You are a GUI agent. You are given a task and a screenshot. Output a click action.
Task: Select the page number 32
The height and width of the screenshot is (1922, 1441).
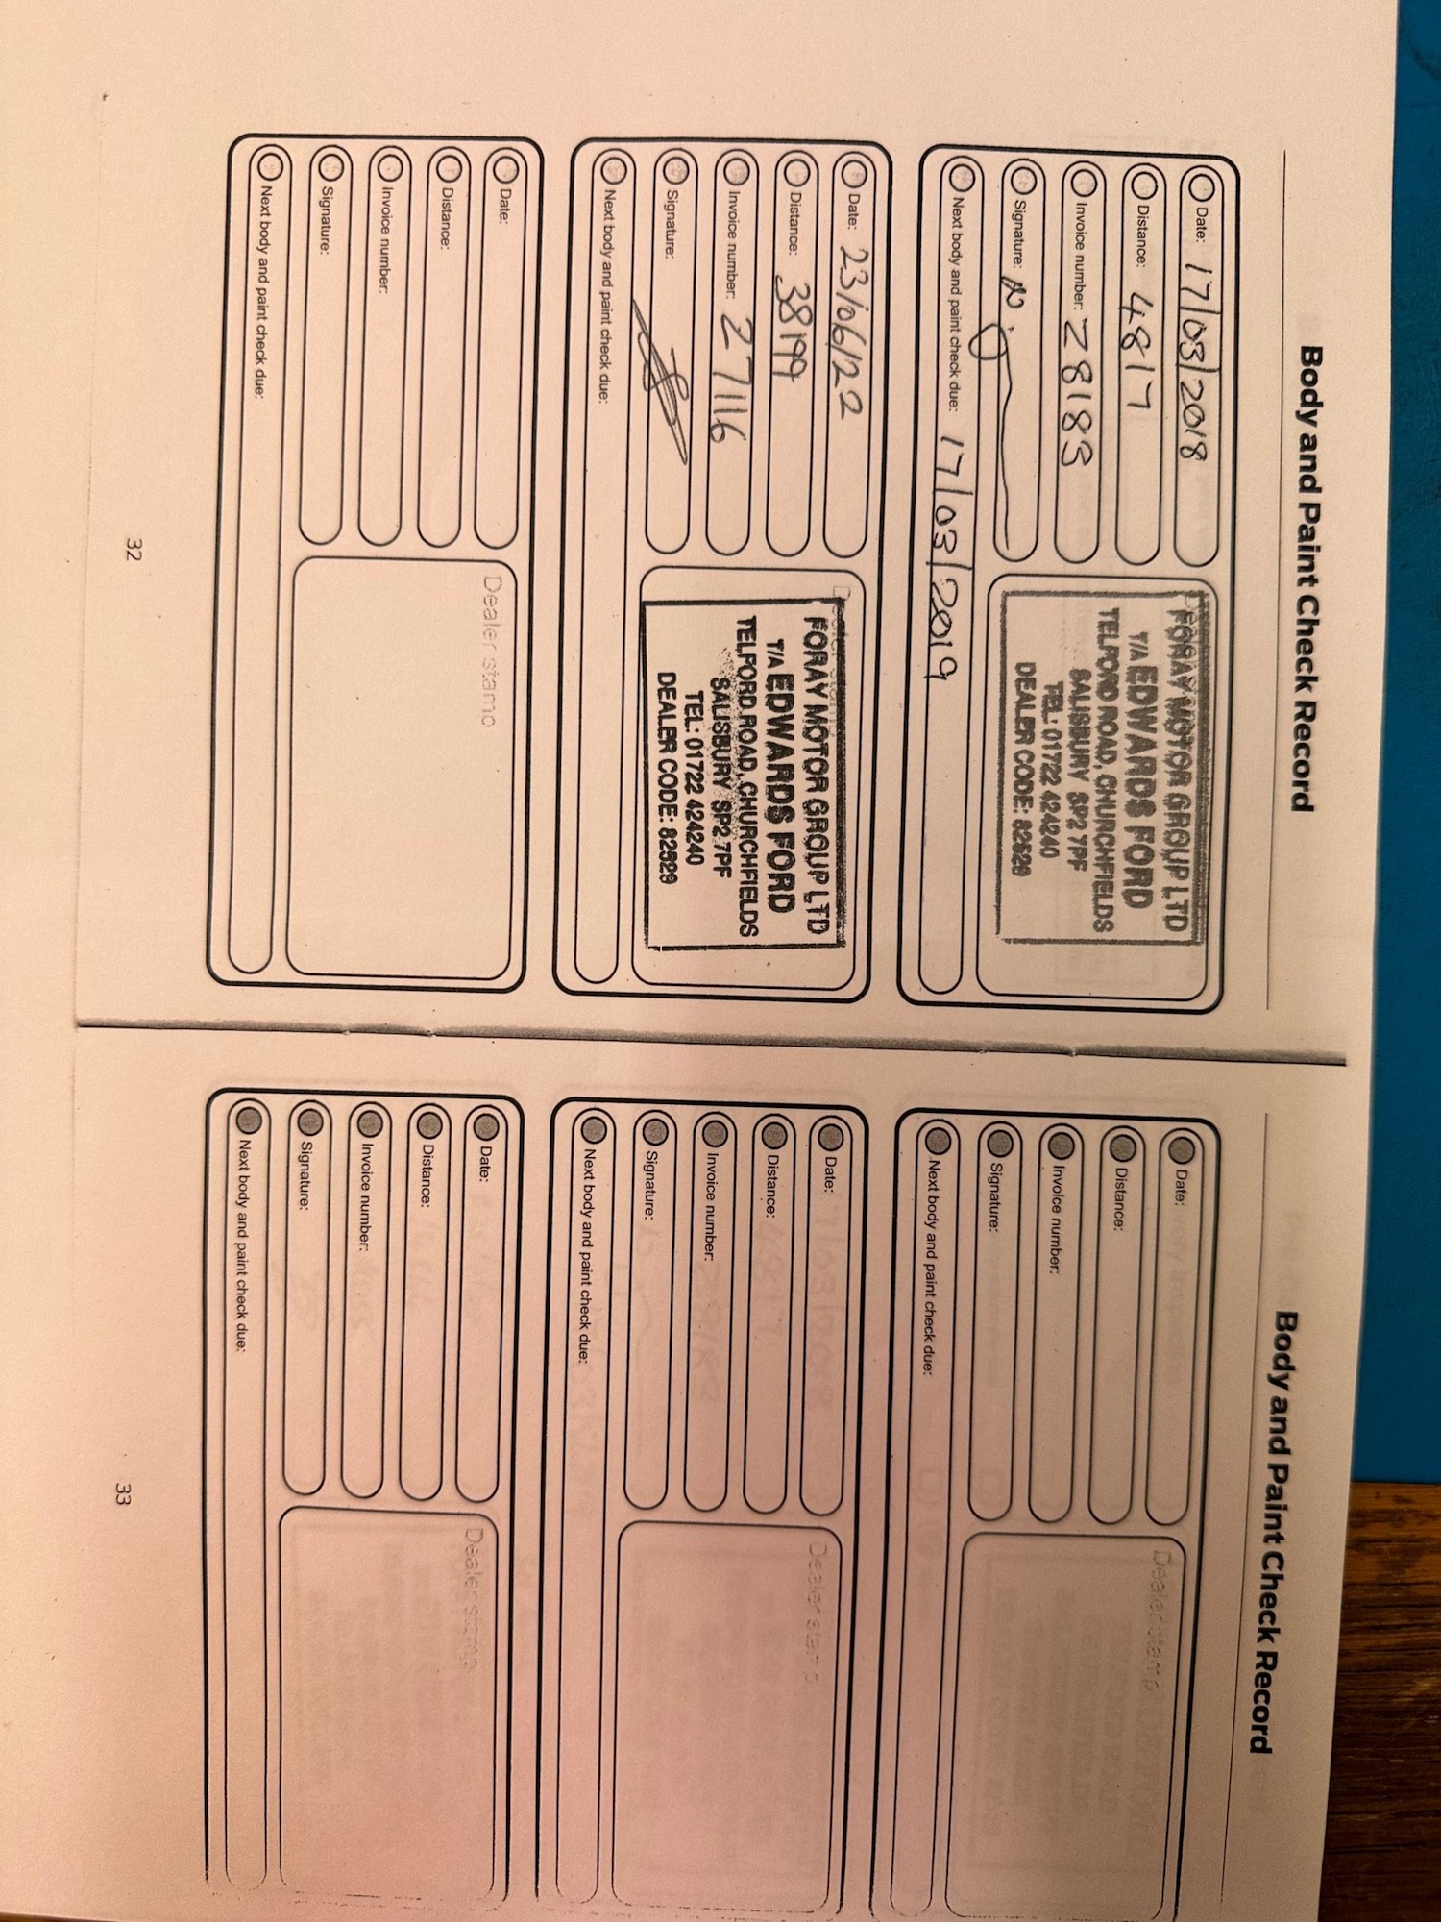pos(133,550)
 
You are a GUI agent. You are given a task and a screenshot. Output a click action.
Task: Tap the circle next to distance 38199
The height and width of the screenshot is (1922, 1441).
pos(794,173)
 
